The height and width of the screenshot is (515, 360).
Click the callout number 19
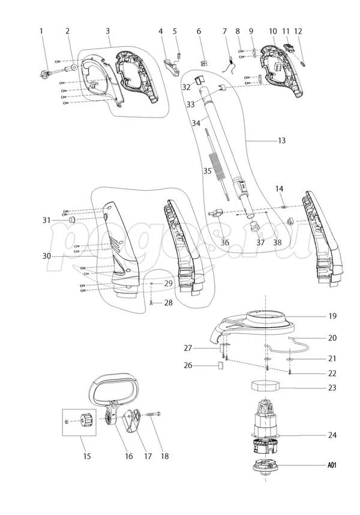pyautogui.click(x=332, y=316)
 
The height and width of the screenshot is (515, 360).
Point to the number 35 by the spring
pyautogui.click(x=207, y=171)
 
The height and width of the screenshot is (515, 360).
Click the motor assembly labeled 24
pyautogui.click(x=265, y=426)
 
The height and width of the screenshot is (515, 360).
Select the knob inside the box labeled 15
pyautogui.click(x=84, y=421)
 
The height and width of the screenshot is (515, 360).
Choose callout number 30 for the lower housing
pyautogui.click(x=46, y=256)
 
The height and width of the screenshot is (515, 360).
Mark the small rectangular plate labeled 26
pyautogui.click(x=220, y=363)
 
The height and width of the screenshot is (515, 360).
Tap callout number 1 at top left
pyautogui.click(x=41, y=31)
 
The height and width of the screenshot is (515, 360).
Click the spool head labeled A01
pyautogui.click(x=264, y=466)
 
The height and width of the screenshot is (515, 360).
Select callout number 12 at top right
pyautogui.click(x=298, y=31)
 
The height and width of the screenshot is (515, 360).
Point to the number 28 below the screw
pyautogui.click(x=168, y=303)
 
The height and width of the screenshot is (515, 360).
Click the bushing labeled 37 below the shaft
pyautogui.click(x=254, y=226)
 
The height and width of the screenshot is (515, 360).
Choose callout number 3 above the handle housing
pyautogui.click(x=107, y=31)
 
